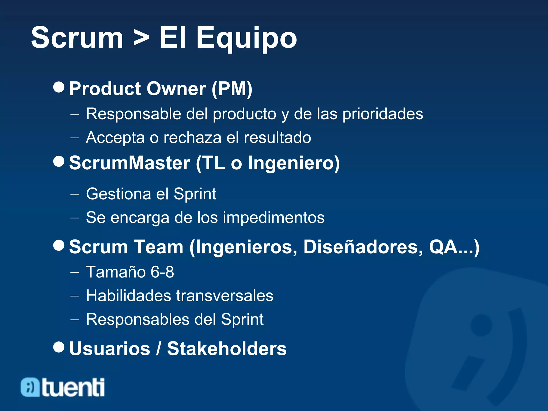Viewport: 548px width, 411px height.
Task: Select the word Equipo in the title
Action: click(x=246, y=38)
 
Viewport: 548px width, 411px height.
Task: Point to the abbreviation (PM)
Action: click(x=232, y=89)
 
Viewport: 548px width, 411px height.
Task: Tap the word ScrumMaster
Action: click(x=130, y=163)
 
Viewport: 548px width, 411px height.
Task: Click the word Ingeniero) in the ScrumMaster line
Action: click(x=294, y=163)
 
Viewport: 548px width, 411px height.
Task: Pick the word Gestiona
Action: click(x=119, y=194)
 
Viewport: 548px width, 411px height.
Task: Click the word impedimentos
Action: click(x=273, y=217)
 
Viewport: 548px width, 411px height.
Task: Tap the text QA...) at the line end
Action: click(x=454, y=247)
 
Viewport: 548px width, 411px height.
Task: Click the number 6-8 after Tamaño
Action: click(x=162, y=272)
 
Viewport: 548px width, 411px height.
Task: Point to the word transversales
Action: click(x=224, y=296)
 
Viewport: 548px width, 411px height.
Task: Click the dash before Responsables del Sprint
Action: click(x=75, y=319)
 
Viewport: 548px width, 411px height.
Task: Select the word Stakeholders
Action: click(x=227, y=349)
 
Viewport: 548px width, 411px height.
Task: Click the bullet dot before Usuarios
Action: click(x=59, y=347)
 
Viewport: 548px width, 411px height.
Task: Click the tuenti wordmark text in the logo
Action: click(x=73, y=387)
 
